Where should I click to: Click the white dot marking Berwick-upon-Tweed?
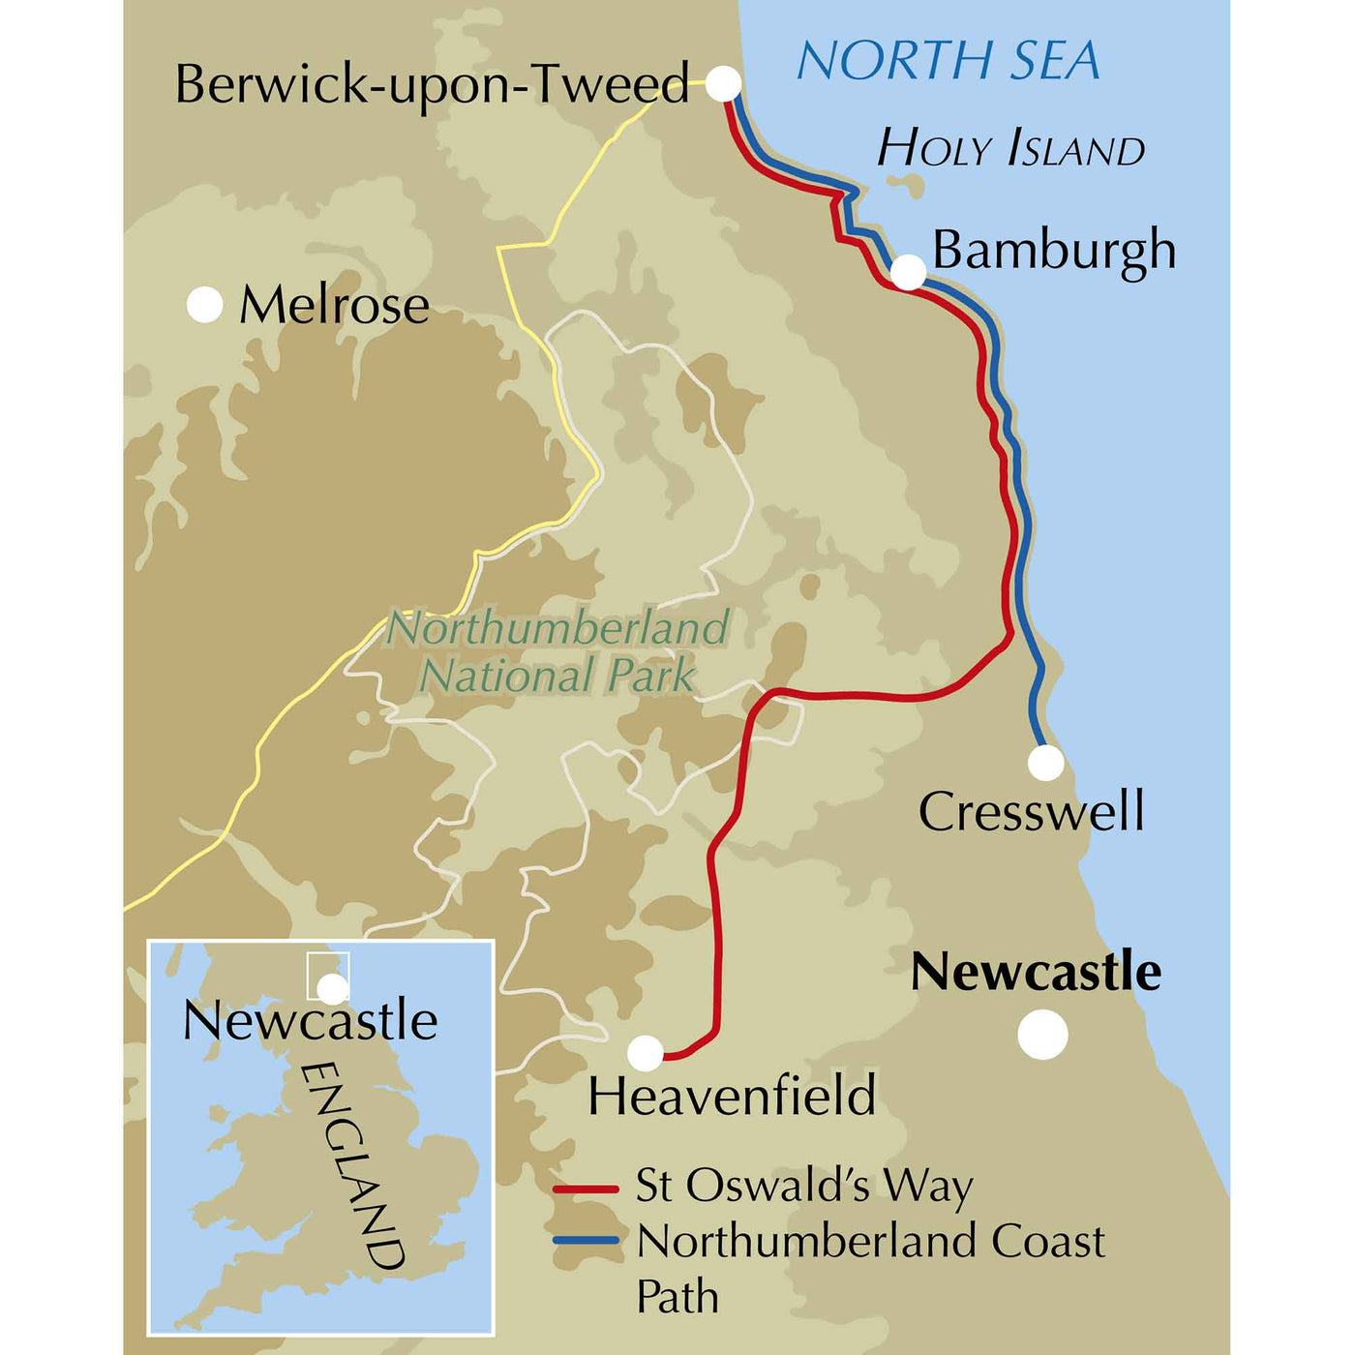723,83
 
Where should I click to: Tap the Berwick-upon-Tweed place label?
432,84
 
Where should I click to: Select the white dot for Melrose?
204,305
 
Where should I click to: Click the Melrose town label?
334,306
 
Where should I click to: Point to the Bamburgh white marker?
908,273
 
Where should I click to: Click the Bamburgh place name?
1053,250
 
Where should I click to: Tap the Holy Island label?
1010,149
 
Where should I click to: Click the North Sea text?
948,61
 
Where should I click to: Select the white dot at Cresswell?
1045,763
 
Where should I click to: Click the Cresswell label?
1031,811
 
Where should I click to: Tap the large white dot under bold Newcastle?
1042,1035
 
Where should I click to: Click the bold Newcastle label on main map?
1036,972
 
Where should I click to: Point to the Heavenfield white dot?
646,1052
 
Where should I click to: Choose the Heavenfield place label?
732,1096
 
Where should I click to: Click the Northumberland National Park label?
558,651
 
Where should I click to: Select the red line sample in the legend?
586,1188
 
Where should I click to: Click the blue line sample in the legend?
586,1241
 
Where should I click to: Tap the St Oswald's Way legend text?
803,1186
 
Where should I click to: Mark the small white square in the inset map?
327,976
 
